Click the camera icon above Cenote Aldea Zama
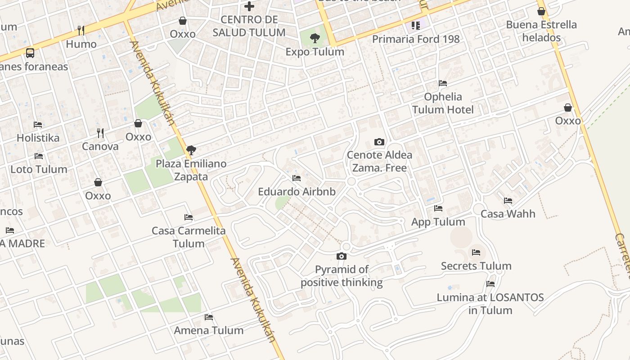tap(379, 142)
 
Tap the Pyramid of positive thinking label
tap(342, 276)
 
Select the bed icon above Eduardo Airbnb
tap(296, 179)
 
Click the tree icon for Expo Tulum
tap(315, 38)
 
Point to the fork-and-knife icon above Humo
tap(81, 31)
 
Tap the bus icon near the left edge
tap(30, 53)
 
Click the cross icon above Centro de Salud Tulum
tap(249, 6)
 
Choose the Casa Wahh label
tap(508, 213)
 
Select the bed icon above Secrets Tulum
tap(476, 252)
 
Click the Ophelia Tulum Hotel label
tap(443, 103)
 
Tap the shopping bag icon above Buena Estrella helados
tap(541, 11)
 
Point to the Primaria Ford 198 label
tap(416, 39)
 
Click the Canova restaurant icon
tap(100, 133)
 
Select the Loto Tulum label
tap(39, 169)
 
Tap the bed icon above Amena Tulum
tap(209, 317)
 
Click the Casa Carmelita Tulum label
tap(189, 237)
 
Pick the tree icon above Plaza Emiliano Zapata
tap(191, 150)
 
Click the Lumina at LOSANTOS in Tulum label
tap(490, 304)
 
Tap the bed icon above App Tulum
tap(438, 208)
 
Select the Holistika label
tap(38, 138)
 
